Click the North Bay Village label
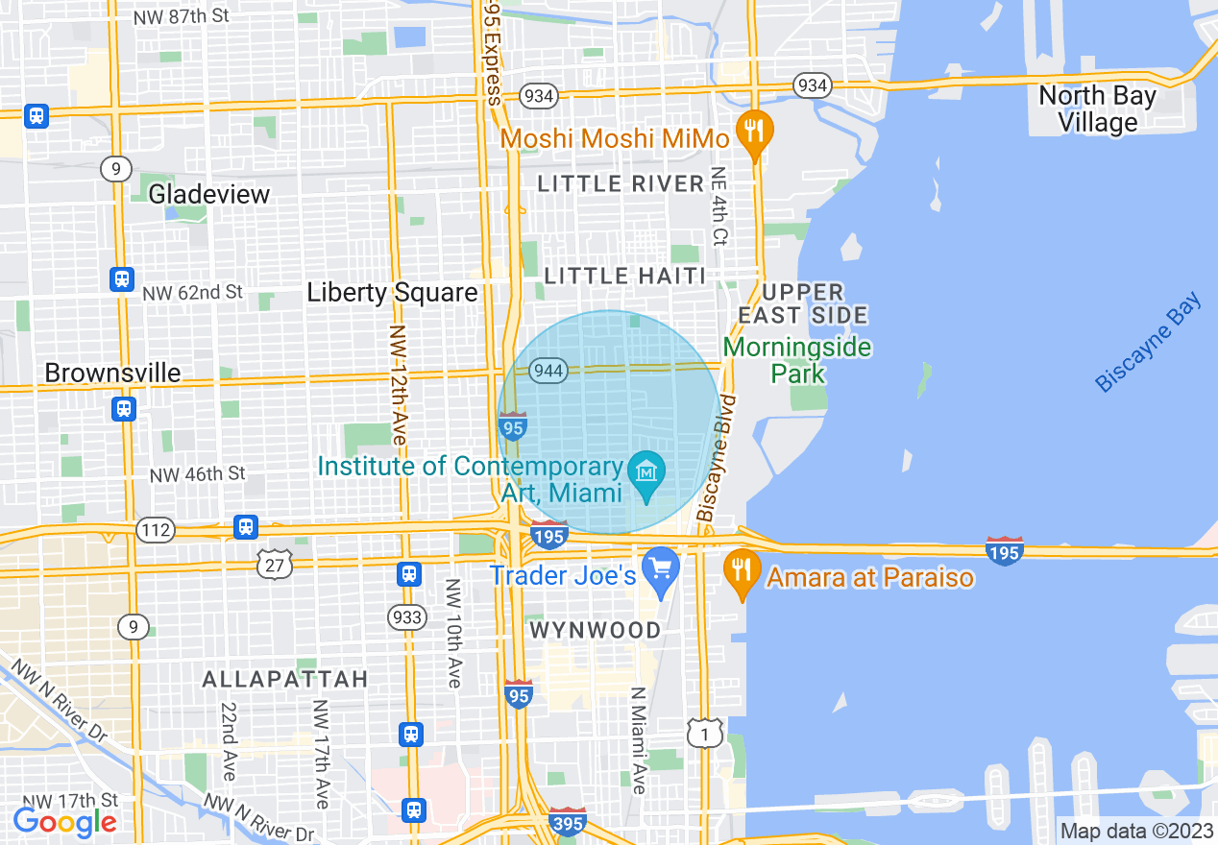[x=1097, y=109]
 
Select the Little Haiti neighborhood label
[x=625, y=276]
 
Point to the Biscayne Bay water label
[x=1149, y=343]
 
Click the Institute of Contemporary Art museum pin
[x=646, y=474]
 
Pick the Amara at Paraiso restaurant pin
[x=740, y=571]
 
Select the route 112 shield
[x=155, y=529]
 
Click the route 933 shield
[x=407, y=616]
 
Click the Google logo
[x=64, y=822]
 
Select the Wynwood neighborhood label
[x=597, y=630]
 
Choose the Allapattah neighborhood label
[x=285, y=679]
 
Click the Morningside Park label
[x=797, y=359]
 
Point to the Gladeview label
[x=208, y=194]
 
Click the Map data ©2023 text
[x=1136, y=831]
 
